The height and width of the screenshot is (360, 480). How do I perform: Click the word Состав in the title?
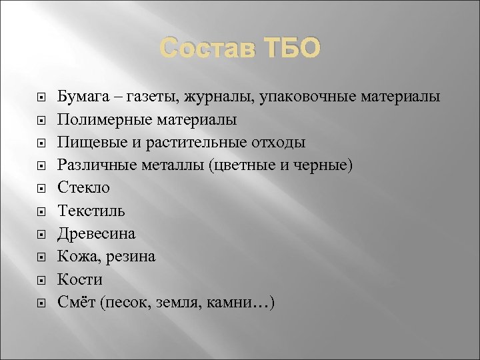click(204, 48)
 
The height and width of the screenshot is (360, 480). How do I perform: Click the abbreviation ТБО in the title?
click(287, 48)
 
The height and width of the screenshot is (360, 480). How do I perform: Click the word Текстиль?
click(91, 211)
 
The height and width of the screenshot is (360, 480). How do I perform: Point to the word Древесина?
click(96, 234)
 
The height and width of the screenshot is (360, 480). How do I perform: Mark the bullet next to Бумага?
click(41, 98)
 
